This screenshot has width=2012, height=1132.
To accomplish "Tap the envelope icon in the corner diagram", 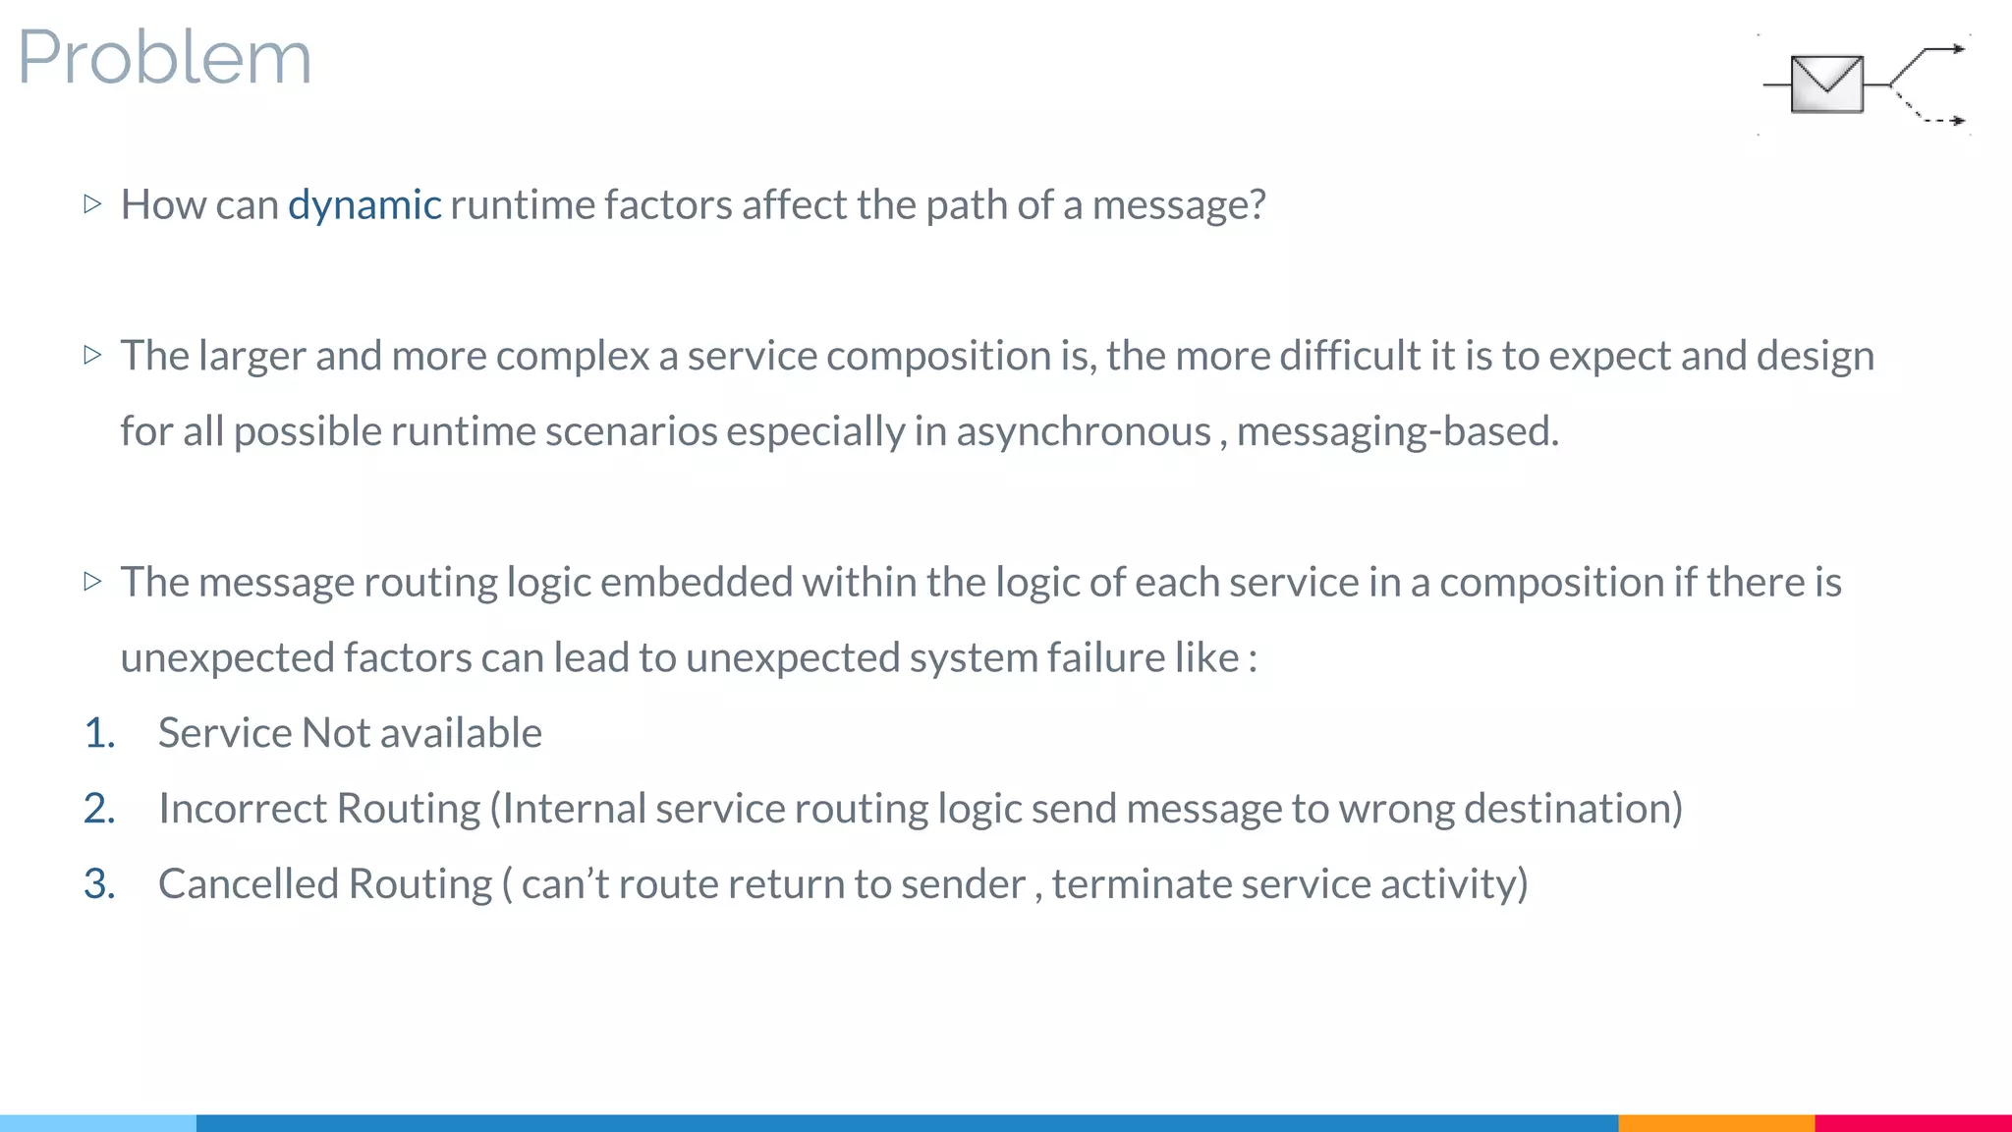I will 1826,85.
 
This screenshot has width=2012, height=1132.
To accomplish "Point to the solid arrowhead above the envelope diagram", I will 1957,48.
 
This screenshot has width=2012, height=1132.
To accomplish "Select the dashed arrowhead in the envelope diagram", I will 1957,121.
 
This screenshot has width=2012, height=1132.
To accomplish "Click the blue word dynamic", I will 364,205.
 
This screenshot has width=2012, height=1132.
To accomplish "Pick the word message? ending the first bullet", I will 1178,205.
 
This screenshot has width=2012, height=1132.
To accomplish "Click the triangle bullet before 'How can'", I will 93,204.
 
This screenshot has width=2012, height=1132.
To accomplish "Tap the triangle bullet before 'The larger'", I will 93,355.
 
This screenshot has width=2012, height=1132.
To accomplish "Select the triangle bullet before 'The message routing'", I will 93,582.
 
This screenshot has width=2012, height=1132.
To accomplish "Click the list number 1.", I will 99,733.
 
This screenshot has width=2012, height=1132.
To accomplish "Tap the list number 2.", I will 99,809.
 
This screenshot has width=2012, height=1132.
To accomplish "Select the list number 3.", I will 99,884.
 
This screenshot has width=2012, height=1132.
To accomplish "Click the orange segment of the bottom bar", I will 1715,1122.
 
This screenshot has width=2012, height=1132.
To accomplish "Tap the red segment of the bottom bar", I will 1913,1122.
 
